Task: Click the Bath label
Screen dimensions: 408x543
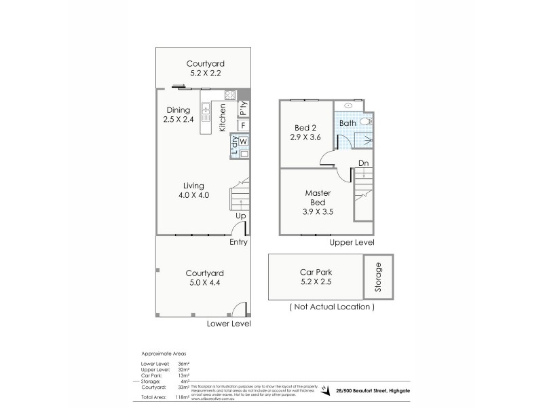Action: (x=348, y=123)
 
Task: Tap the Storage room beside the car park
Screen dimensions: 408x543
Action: (x=379, y=277)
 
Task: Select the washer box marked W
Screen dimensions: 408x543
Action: (x=243, y=141)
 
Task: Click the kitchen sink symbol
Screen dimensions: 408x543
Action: (x=206, y=109)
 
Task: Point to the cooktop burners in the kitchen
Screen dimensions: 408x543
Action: (x=230, y=95)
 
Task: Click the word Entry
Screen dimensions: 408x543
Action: (x=239, y=242)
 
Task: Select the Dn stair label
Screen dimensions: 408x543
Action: (x=364, y=163)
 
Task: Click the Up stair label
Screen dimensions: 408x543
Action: (x=240, y=216)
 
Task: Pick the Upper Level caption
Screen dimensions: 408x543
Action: (x=352, y=242)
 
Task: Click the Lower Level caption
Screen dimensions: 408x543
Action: (x=229, y=324)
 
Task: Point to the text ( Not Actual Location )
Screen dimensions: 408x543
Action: (x=332, y=307)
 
